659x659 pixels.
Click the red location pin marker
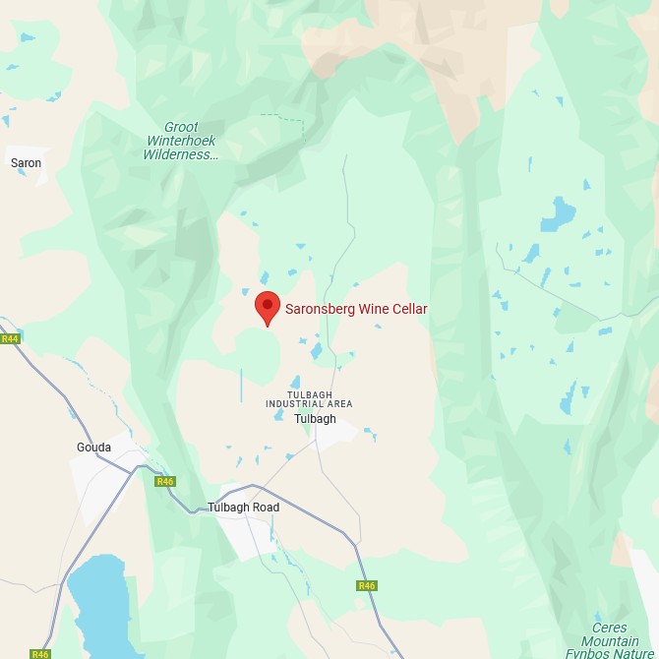coord(267,307)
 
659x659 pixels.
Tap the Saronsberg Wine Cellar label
coord(356,309)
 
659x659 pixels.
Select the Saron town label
coord(27,162)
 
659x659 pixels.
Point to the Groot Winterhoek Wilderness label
coord(180,142)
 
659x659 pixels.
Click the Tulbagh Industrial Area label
coord(309,398)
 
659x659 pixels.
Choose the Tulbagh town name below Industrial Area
coord(315,419)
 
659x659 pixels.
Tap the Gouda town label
coord(93,448)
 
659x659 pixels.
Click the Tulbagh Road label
coord(244,508)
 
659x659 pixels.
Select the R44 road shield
coord(10,339)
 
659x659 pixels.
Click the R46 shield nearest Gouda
coord(165,481)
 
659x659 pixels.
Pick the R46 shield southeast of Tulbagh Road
coord(367,585)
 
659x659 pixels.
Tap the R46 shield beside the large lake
coord(39,653)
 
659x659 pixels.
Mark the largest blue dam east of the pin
coord(562,212)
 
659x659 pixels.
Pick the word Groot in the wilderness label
coord(181,128)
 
